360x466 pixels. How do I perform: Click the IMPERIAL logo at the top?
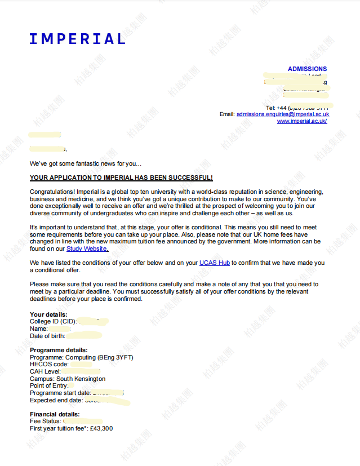[x=77, y=39]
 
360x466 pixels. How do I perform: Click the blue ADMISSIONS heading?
[x=307, y=69]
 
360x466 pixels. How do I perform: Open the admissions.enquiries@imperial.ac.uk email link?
[x=282, y=114]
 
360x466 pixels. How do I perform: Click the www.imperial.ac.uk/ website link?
[x=301, y=121]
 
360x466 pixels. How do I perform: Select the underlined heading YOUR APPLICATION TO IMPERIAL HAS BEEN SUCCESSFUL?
[x=121, y=177]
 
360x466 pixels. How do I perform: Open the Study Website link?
[x=87, y=248]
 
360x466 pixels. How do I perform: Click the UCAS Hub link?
[x=215, y=263]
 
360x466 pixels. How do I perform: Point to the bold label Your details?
[x=48, y=314]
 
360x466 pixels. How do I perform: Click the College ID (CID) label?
[x=52, y=321]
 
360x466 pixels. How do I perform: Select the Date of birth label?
[x=47, y=336]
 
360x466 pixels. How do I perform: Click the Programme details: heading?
[x=59, y=350]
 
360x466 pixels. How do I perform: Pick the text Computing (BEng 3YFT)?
[x=99, y=357]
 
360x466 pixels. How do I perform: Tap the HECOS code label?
[x=49, y=365]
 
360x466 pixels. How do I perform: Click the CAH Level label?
[x=45, y=371]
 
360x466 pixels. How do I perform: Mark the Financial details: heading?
[x=55, y=414]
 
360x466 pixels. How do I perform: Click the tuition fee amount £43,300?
[x=101, y=428]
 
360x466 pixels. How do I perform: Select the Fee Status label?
[x=46, y=421]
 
